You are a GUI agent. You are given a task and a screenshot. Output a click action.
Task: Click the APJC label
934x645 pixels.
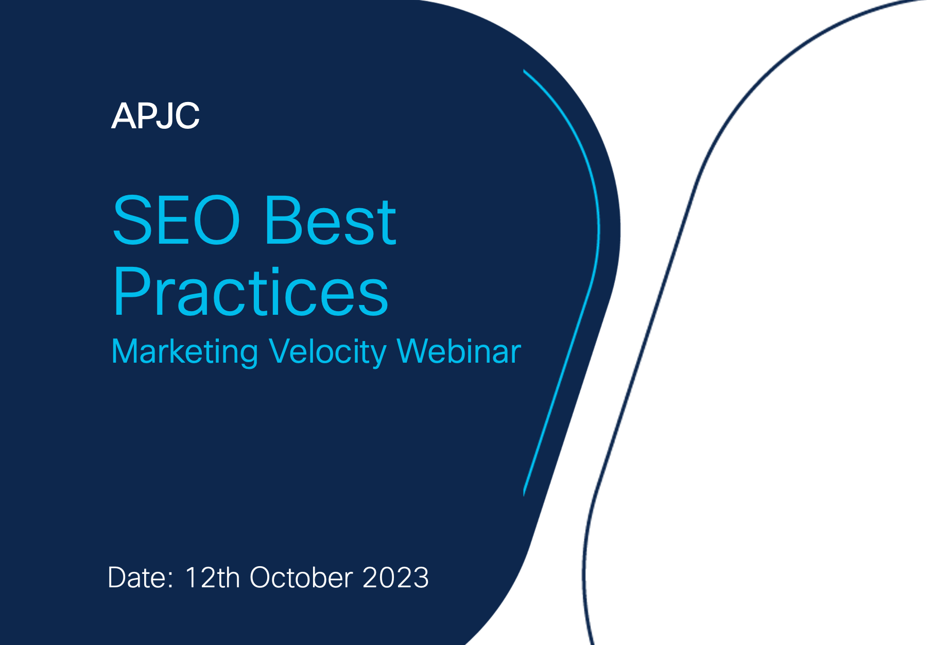click(x=155, y=116)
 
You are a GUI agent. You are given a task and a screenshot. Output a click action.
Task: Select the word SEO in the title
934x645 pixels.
click(x=177, y=220)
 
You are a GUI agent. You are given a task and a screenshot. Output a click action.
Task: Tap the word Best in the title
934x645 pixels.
click(x=330, y=220)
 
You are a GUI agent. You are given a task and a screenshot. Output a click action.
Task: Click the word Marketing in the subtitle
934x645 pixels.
click(x=185, y=352)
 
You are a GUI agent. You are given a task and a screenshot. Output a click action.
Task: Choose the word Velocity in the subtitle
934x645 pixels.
click(x=327, y=352)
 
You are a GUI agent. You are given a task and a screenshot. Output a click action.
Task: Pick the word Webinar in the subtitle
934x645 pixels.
click(x=459, y=351)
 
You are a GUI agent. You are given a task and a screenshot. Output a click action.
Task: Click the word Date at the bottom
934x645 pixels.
click(x=137, y=578)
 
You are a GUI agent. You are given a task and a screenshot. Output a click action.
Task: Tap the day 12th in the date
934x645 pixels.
click(x=212, y=578)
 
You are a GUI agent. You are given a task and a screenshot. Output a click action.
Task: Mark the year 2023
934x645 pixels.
click(x=395, y=578)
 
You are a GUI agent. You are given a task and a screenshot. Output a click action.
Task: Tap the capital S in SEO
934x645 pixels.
click(x=131, y=220)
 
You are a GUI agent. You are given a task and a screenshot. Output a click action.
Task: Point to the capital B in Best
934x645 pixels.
click(x=284, y=220)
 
